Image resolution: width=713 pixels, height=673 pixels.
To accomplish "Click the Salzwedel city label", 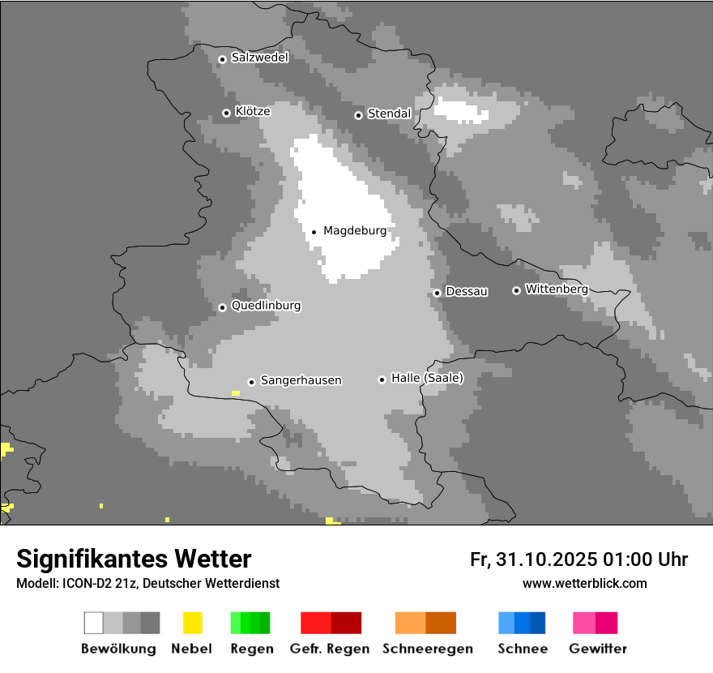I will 259,58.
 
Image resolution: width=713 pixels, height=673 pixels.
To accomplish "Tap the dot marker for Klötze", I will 226,113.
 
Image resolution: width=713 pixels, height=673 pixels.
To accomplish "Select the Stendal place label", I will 389,114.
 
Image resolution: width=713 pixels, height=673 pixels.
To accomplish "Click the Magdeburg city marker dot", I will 314,232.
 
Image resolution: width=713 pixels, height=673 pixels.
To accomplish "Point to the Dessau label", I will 467,292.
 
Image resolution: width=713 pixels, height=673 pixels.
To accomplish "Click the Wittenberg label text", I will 556,289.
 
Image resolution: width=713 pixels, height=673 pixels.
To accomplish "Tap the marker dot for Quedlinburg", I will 222,307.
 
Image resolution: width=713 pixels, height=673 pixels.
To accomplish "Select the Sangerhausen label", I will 301,380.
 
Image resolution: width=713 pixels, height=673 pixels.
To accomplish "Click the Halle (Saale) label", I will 427,378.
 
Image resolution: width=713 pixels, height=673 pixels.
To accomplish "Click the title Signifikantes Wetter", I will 134,559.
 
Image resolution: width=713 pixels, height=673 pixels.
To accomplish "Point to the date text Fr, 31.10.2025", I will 533,559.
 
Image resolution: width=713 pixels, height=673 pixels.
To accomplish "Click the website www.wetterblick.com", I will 584,583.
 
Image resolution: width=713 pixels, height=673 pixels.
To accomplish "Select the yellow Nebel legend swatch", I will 192,623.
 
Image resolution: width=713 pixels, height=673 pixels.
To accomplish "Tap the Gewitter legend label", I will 597,649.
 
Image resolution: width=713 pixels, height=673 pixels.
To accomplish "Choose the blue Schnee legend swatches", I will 521,623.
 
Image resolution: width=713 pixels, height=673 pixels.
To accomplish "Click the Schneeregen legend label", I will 427,649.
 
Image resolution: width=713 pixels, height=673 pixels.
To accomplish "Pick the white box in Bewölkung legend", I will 94,623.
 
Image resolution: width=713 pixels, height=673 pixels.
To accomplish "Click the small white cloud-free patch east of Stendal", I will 461,111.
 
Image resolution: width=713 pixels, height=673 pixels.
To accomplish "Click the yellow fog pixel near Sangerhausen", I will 235,393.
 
